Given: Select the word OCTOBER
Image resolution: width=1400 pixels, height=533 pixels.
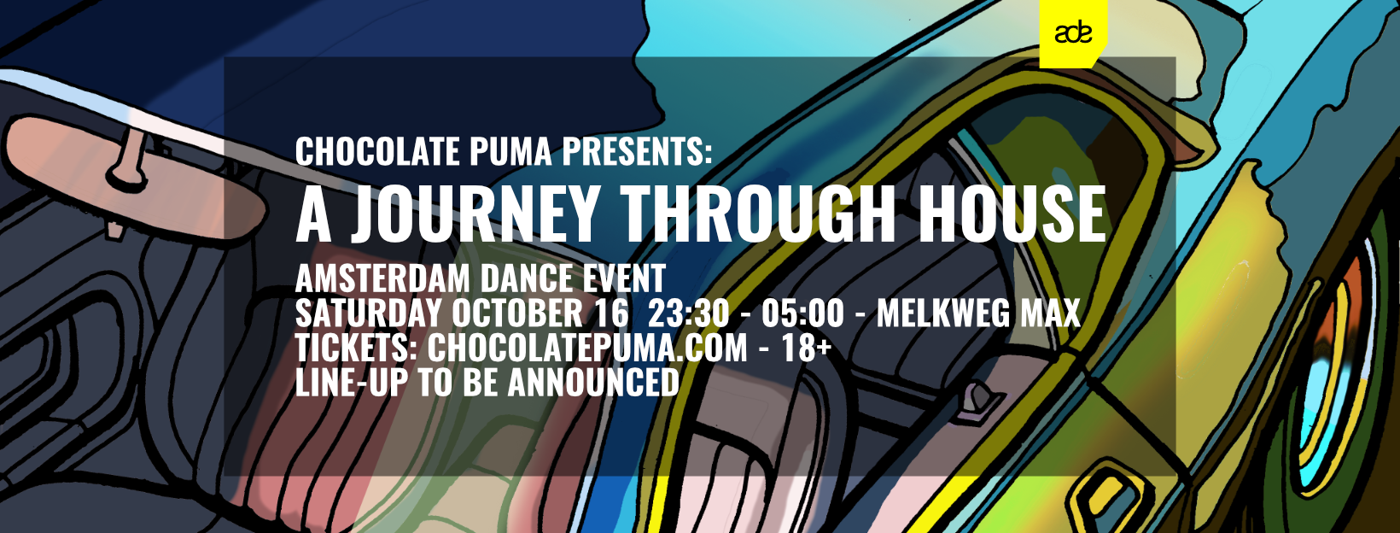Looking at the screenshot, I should coord(516,314).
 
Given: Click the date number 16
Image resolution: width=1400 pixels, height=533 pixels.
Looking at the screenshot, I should coord(612,314).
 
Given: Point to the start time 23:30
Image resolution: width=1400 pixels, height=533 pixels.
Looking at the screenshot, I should coord(688,314).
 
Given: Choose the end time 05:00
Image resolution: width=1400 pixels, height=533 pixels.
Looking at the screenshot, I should coord(802,314).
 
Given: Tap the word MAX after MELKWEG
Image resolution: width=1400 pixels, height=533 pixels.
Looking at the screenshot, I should coord(1050,314).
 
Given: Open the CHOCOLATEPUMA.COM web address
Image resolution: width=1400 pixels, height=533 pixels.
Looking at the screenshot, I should coord(587,348).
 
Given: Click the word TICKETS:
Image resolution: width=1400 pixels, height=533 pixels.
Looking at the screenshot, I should coord(354,348).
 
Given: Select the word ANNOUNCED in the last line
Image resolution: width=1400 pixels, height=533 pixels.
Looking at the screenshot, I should coord(593,383).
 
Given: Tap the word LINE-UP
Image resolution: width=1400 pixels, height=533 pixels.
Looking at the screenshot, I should coord(352,383).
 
